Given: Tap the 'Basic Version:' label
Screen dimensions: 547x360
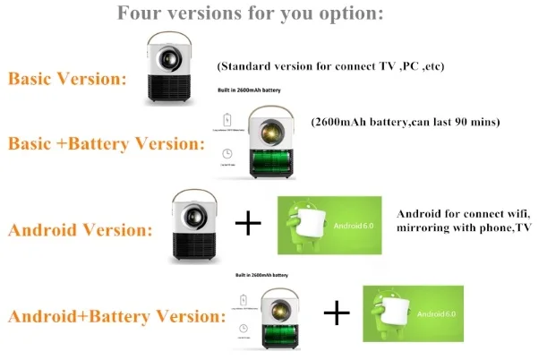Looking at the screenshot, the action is pos(66,78).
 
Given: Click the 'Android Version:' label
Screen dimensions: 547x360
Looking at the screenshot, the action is pos(80,229).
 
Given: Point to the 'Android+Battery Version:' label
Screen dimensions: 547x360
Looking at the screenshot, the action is pos(115,316).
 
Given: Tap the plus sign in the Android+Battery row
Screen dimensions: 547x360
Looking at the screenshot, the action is pos(337,313).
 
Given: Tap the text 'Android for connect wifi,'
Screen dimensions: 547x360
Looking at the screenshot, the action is pos(464,215).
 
